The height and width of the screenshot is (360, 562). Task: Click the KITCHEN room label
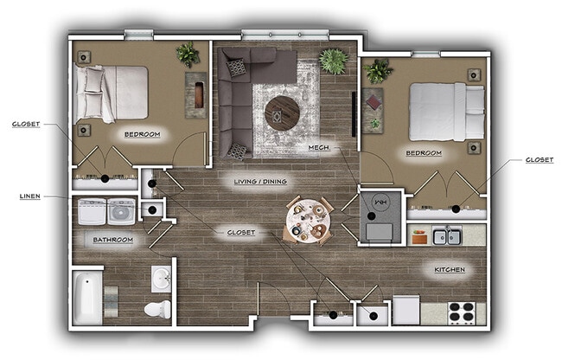pyautogui.click(x=450, y=270)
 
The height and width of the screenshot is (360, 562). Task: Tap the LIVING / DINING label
pyautogui.click(x=260, y=182)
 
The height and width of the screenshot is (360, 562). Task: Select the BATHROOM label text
pyautogui.click(x=113, y=240)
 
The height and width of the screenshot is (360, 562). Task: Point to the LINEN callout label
pyautogui.click(x=29, y=196)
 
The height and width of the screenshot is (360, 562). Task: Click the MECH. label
pyautogui.click(x=319, y=147)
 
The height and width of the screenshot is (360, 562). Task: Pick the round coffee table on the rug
pyautogui.click(x=282, y=113)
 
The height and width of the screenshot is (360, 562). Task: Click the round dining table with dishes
pyautogui.click(x=309, y=221)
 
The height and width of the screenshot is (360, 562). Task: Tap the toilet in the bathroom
pyautogui.click(x=157, y=309)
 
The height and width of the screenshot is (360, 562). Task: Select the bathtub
pyautogui.click(x=87, y=298)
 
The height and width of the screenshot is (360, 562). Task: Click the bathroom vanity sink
pyautogui.click(x=162, y=279)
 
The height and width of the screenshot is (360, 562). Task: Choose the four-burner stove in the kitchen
pyautogui.click(x=462, y=313)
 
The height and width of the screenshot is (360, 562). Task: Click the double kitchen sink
pyautogui.click(x=447, y=235)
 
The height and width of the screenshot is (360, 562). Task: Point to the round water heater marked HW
pyautogui.click(x=381, y=202)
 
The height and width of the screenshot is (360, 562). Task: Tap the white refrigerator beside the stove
pyautogui.click(x=406, y=310)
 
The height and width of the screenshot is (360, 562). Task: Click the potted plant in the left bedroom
pyautogui.click(x=188, y=55)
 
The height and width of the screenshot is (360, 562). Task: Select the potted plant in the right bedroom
pyautogui.click(x=378, y=71)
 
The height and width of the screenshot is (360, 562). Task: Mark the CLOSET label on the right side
pyautogui.click(x=539, y=159)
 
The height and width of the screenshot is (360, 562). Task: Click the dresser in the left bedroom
pyautogui.click(x=196, y=95)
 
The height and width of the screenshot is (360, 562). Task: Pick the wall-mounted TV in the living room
pyautogui.click(x=354, y=114)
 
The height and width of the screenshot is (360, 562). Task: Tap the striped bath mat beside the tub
pyautogui.click(x=111, y=301)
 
